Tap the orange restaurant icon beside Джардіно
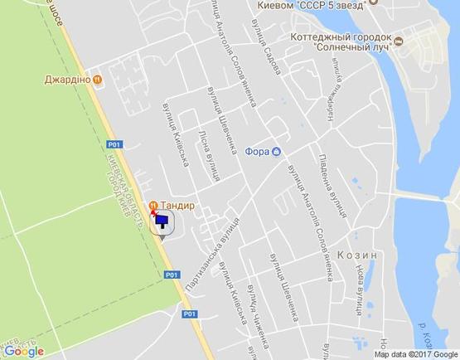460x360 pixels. pos(99,80)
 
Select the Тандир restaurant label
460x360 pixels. pos(180,205)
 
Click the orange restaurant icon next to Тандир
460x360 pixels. pos(153,205)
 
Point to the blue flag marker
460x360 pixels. pos(162,221)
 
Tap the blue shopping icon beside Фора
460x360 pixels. pos(277,151)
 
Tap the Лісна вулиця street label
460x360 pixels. pos(210,153)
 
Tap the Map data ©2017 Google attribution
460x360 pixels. pos(414,354)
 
